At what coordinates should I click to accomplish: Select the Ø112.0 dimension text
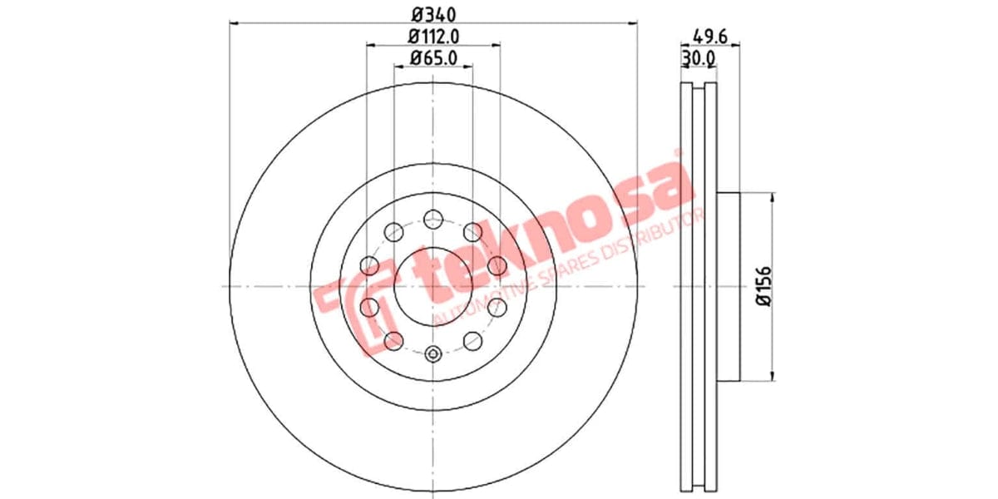point(433,36)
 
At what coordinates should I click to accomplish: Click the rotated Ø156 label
point(760,286)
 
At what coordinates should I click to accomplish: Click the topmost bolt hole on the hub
point(432,220)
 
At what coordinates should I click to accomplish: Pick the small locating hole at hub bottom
point(432,354)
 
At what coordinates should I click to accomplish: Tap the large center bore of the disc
point(432,286)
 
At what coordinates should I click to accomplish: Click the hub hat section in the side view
point(727,286)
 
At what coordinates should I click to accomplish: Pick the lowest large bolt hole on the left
point(393,340)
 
